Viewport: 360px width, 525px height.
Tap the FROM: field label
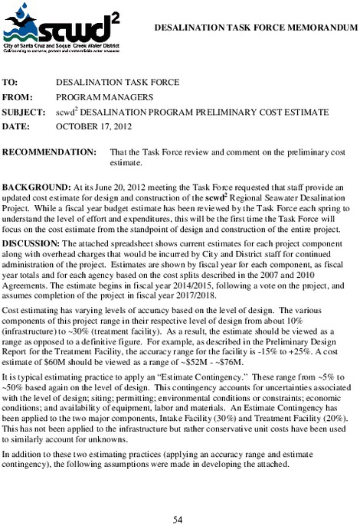18,97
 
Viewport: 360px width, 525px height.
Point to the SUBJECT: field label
25,112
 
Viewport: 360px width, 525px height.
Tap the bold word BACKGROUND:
36,187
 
